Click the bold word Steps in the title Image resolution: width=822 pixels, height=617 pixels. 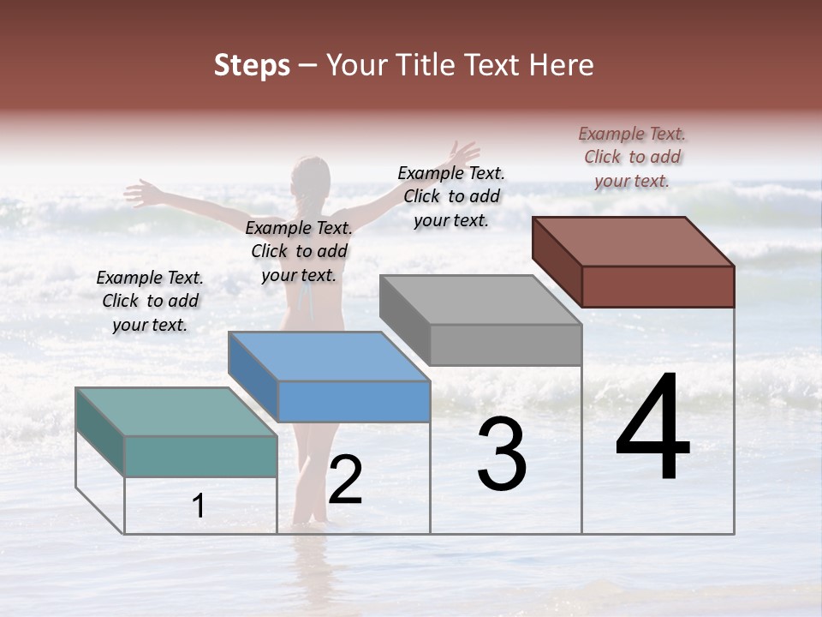pyautogui.click(x=252, y=65)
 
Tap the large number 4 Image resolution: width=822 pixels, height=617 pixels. pyautogui.click(x=652, y=428)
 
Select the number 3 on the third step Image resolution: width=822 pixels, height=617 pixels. pyautogui.click(x=502, y=456)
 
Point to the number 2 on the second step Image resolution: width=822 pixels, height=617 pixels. pyautogui.click(x=345, y=481)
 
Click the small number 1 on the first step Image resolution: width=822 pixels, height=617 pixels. pyautogui.click(x=199, y=506)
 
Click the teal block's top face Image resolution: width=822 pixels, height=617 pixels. pyautogui.click(x=176, y=411)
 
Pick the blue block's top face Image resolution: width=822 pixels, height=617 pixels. pyautogui.click(x=329, y=356)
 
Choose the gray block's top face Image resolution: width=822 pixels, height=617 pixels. pyautogui.click(x=480, y=300)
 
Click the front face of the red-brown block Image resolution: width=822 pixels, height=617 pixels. pyautogui.click(x=658, y=286)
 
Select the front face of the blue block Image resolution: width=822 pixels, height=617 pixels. pyautogui.click(x=354, y=401)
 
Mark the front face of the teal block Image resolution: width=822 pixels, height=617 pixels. pyautogui.click(x=200, y=456)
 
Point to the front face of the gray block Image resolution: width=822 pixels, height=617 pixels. pyautogui.click(x=505, y=344)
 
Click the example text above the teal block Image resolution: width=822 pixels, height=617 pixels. pyautogui.click(x=150, y=301)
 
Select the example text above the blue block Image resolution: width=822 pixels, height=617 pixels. pyautogui.click(x=299, y=251)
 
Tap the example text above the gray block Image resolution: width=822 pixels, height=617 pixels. pyautogui.click(x=451, y=196)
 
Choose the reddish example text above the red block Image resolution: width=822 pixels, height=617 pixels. pyautogui.click(x=632, y=157)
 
